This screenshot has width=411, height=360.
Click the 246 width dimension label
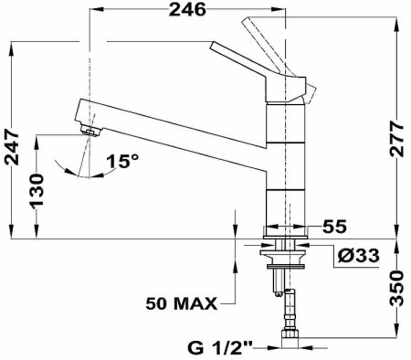[187, 9]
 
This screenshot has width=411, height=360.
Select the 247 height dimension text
[12, 147]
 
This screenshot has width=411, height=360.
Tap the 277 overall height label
[397, 139]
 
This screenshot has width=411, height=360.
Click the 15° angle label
[122, 161]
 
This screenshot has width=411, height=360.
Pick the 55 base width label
[334, 227]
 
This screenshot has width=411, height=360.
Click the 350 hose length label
[397, 288]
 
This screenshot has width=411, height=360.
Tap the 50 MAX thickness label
[182, 303]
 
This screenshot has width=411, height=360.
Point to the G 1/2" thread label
[220, 348]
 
